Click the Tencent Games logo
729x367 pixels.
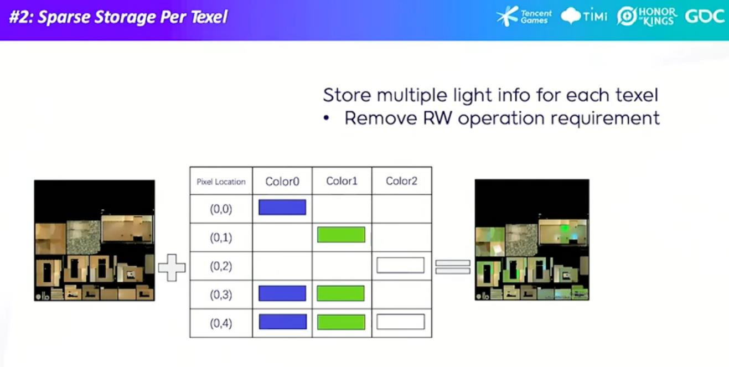(524, 16)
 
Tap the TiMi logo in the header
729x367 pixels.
(584, 15)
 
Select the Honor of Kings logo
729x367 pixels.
(647, 16)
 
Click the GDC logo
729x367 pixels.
(705, 16)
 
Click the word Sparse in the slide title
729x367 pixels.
(64, 17)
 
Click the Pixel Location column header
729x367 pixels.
(221, 182)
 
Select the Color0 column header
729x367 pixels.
(282, 181)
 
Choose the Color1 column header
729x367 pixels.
(342, 181)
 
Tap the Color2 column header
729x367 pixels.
(402, 181)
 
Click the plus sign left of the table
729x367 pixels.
(172, 268)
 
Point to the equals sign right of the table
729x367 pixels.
(453, 267)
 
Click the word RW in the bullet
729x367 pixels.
(437, 118)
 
